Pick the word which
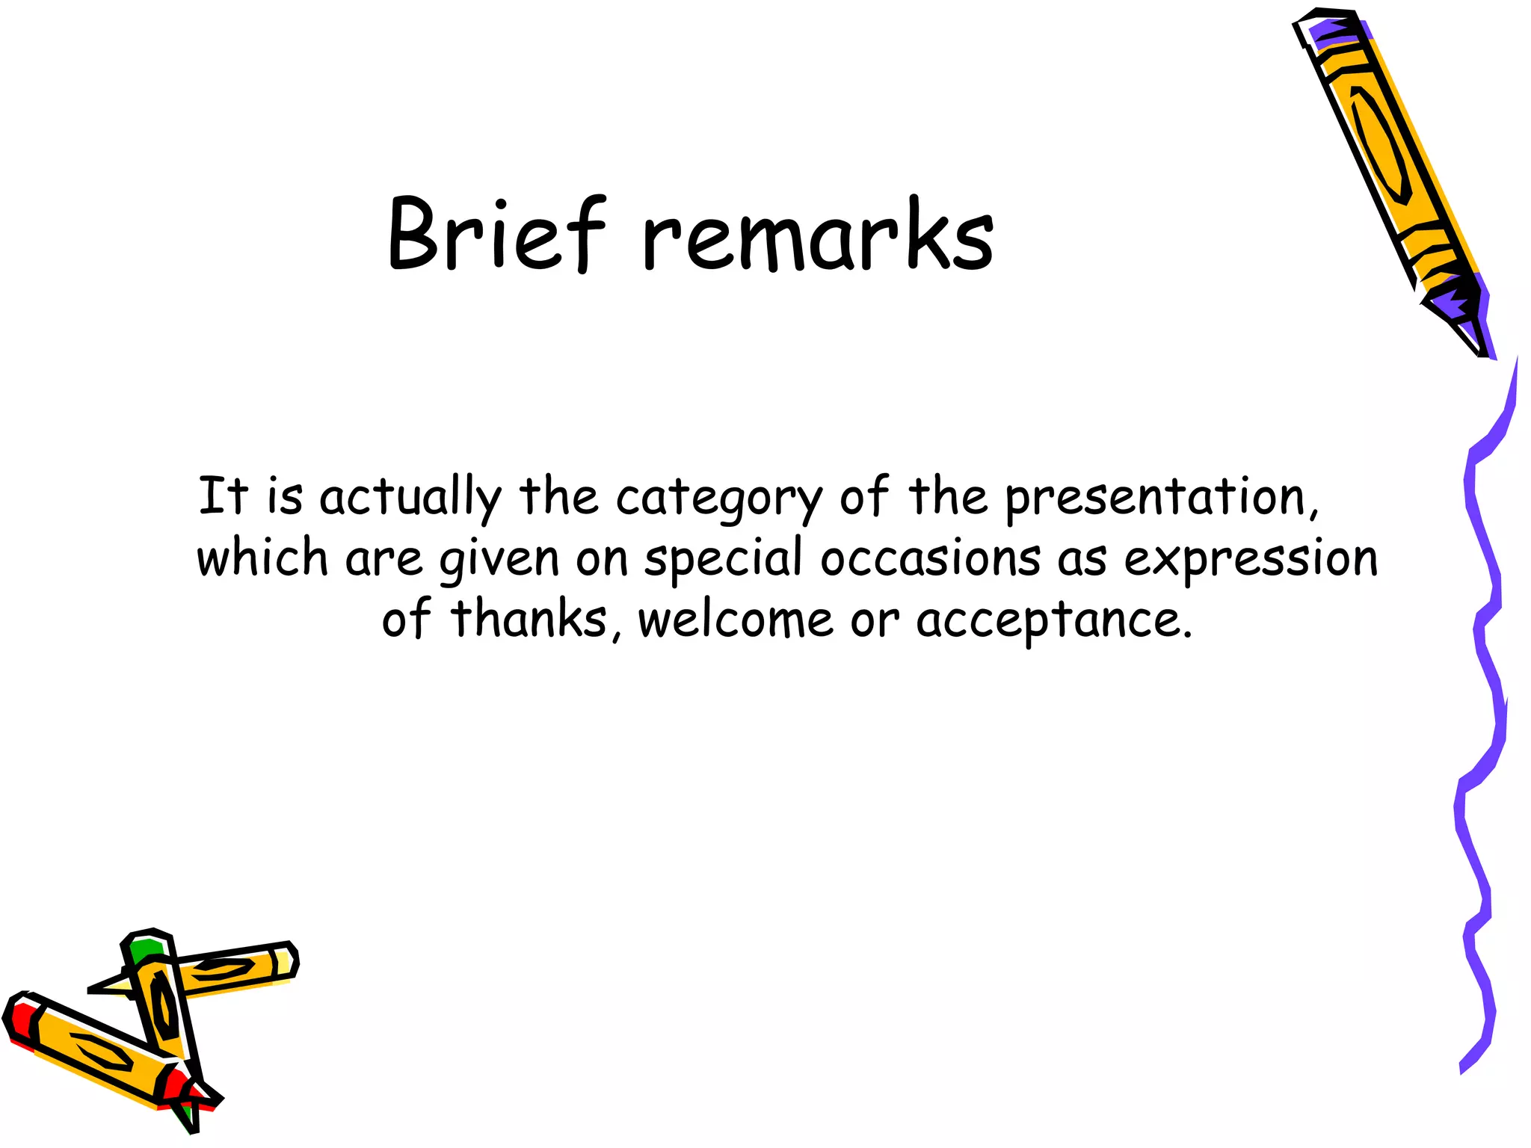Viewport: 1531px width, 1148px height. click(262, 558)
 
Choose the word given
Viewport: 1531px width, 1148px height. click(499, 561)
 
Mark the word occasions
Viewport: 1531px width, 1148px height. click(930, 558)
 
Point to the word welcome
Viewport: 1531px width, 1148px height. click(736, 620)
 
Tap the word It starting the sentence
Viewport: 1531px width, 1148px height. click(222, 496)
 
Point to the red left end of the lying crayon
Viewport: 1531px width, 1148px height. click(21, 1018)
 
